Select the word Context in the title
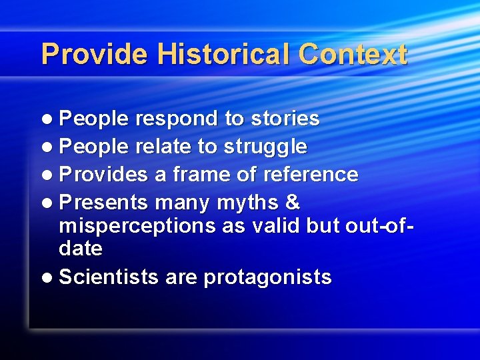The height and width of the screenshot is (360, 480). (353, 54)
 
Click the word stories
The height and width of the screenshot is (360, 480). (285, 119)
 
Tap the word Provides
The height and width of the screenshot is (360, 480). (103, 175)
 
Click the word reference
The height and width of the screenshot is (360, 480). (311, 175)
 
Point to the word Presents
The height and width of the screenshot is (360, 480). (103, 201)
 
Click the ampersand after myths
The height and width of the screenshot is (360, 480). (292, 201)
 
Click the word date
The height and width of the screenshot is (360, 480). (81, 249)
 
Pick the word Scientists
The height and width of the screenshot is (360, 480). (109, 277)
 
